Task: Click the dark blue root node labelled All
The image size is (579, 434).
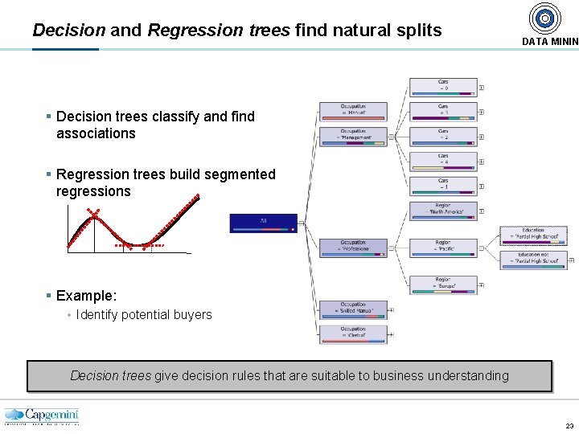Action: pos(263,223)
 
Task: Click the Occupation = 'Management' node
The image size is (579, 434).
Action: pos(353,136)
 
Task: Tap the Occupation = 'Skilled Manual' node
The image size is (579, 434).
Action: pos(353,309)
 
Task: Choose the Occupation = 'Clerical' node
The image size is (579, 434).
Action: pos(353,334)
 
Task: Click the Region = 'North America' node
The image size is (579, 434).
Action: pos(443,211)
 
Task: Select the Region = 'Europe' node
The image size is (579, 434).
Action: pos(443,285)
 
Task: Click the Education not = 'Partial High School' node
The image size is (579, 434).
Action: pos(533,260)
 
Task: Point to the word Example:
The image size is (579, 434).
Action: pos(86,296)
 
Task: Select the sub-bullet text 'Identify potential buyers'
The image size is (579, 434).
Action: pos(144,315)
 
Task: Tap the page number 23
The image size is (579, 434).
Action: pos(569,426)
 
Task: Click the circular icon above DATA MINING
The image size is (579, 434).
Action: pos(544,18)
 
